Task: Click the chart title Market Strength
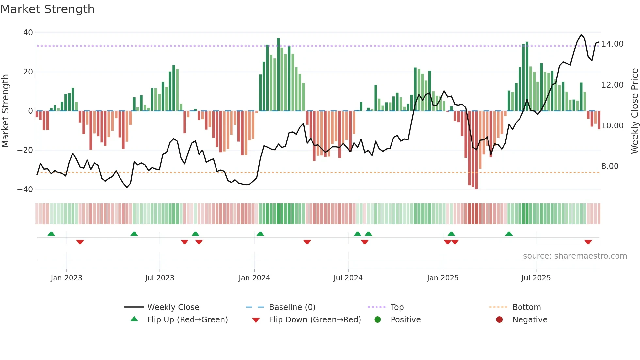click(47, 9)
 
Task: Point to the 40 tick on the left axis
click(28, 33)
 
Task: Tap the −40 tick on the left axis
click(25, 189)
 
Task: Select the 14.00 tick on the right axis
click(612, 44)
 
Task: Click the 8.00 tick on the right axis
click(610, 166)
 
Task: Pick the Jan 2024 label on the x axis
click(254, 278)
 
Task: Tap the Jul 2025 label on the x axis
click(536, 278)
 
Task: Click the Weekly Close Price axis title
click(634, 111)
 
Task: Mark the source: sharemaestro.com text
click(575, 256)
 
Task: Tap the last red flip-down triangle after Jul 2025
click(588, 242)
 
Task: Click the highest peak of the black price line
click(581, 35)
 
